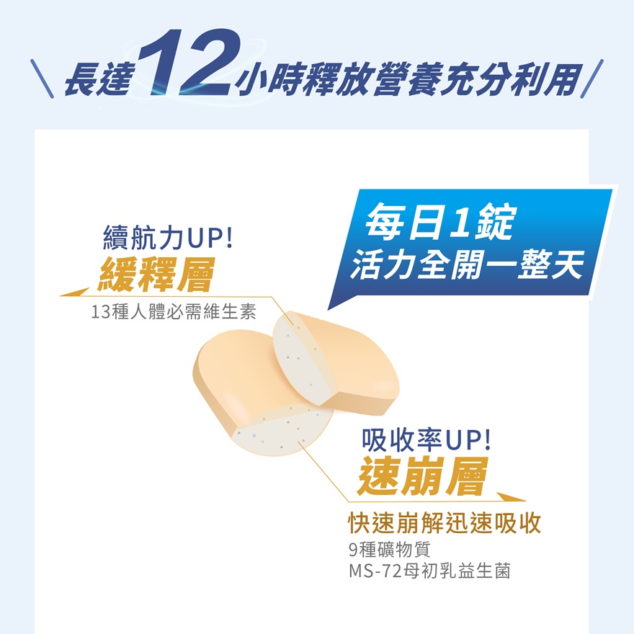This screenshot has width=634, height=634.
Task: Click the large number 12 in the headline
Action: pos(189,63)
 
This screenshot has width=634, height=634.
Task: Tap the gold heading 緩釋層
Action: pos(156,274)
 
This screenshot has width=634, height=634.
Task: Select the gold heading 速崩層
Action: pos(423,476)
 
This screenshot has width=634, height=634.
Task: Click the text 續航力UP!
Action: pos(168,238)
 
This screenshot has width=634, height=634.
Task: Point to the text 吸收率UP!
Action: pos(427,440)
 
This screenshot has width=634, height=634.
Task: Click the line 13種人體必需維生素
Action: pos(174,312)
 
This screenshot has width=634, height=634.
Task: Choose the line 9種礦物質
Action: pos(390,549)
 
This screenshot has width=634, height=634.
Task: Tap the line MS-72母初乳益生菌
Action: pos(429,571)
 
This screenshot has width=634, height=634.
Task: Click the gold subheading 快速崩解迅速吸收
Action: pos(445,523)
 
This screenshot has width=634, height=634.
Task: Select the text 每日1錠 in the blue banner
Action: pos(440,222)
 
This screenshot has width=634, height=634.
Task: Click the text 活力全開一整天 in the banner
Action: pos(467,264)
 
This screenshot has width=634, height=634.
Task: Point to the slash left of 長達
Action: pos(42,79)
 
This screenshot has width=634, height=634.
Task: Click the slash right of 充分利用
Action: pos(592,79)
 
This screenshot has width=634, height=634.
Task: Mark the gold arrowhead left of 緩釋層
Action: pos(75,293)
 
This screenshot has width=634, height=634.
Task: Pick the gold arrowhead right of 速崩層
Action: pos(511,497)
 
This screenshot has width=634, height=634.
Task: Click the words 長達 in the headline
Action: pos(99,81)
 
